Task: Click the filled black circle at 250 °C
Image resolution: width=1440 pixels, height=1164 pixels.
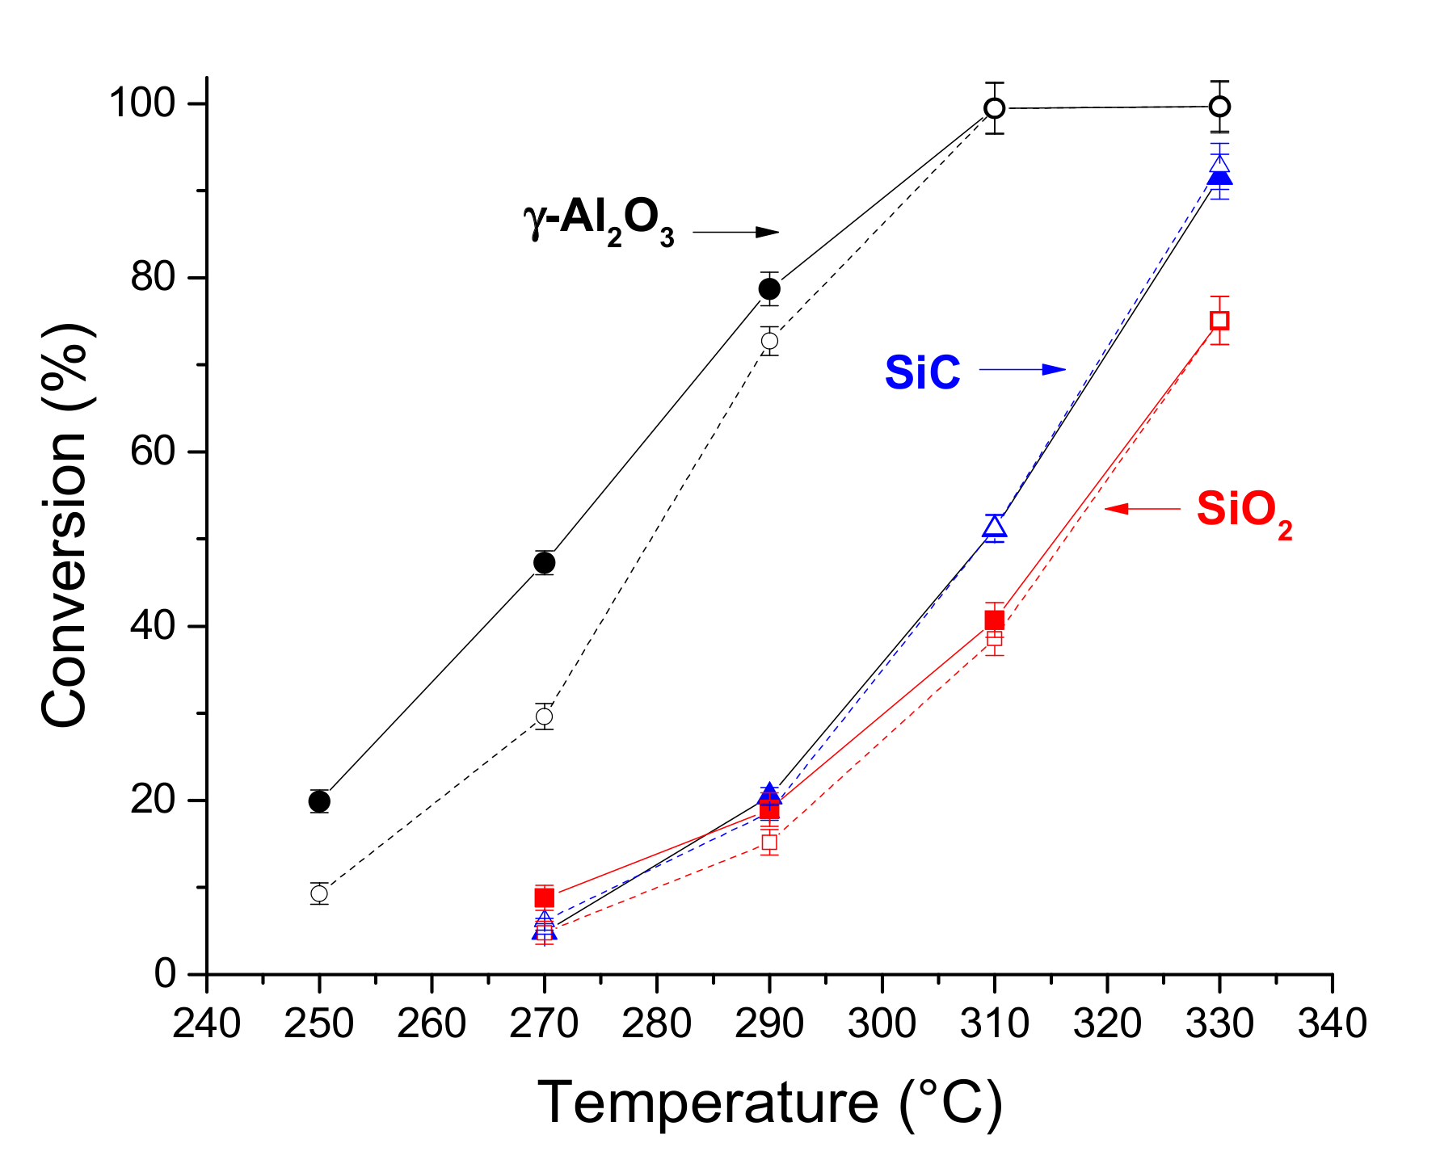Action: pyautogui.click(x=319, y=801)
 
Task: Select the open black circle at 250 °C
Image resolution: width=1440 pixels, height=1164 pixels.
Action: pyautogui.click(x=319, y=893)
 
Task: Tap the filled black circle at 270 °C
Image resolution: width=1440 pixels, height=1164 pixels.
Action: pyautogui.click(x=545, y=562)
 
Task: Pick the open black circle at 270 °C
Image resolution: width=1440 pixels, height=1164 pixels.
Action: pyautogui.click(x=545, y=716)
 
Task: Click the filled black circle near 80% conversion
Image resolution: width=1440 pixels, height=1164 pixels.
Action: pyautogui.click(x=769, y=288)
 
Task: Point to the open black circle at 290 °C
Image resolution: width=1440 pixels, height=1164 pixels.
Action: pyautogui.click(x=769, y=341)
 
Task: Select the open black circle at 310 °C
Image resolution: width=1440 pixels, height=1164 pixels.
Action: pyautogui.click(x=995, y=108)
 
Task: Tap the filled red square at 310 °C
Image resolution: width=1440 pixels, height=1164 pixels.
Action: pyautogui.click(x=995, y=620)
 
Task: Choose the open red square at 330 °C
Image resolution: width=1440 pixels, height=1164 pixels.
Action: pyautogui.click(x=1219, y=321)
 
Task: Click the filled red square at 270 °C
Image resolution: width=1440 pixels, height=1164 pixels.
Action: pyautogui.click(x=545, y=897)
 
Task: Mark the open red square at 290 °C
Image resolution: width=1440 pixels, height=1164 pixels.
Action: pyautogui.click(x=769, y=843)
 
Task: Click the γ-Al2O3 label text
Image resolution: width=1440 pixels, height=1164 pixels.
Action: pyautogui.click(x=599, y=221)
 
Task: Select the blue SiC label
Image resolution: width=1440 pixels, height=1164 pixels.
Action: pyautogui.click(x=922, y=372)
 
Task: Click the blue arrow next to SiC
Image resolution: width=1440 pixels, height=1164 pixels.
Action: pyautogui.click(x=1022, y=370)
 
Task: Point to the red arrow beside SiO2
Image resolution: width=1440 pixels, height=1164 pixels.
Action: pyautogui.click(x=1142, y=509)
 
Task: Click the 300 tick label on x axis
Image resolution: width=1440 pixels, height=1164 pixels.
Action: pyautogui.click(x=882, y=1023)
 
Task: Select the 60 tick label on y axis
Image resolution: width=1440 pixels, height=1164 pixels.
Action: pyautogui.click(x=153, y=452)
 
